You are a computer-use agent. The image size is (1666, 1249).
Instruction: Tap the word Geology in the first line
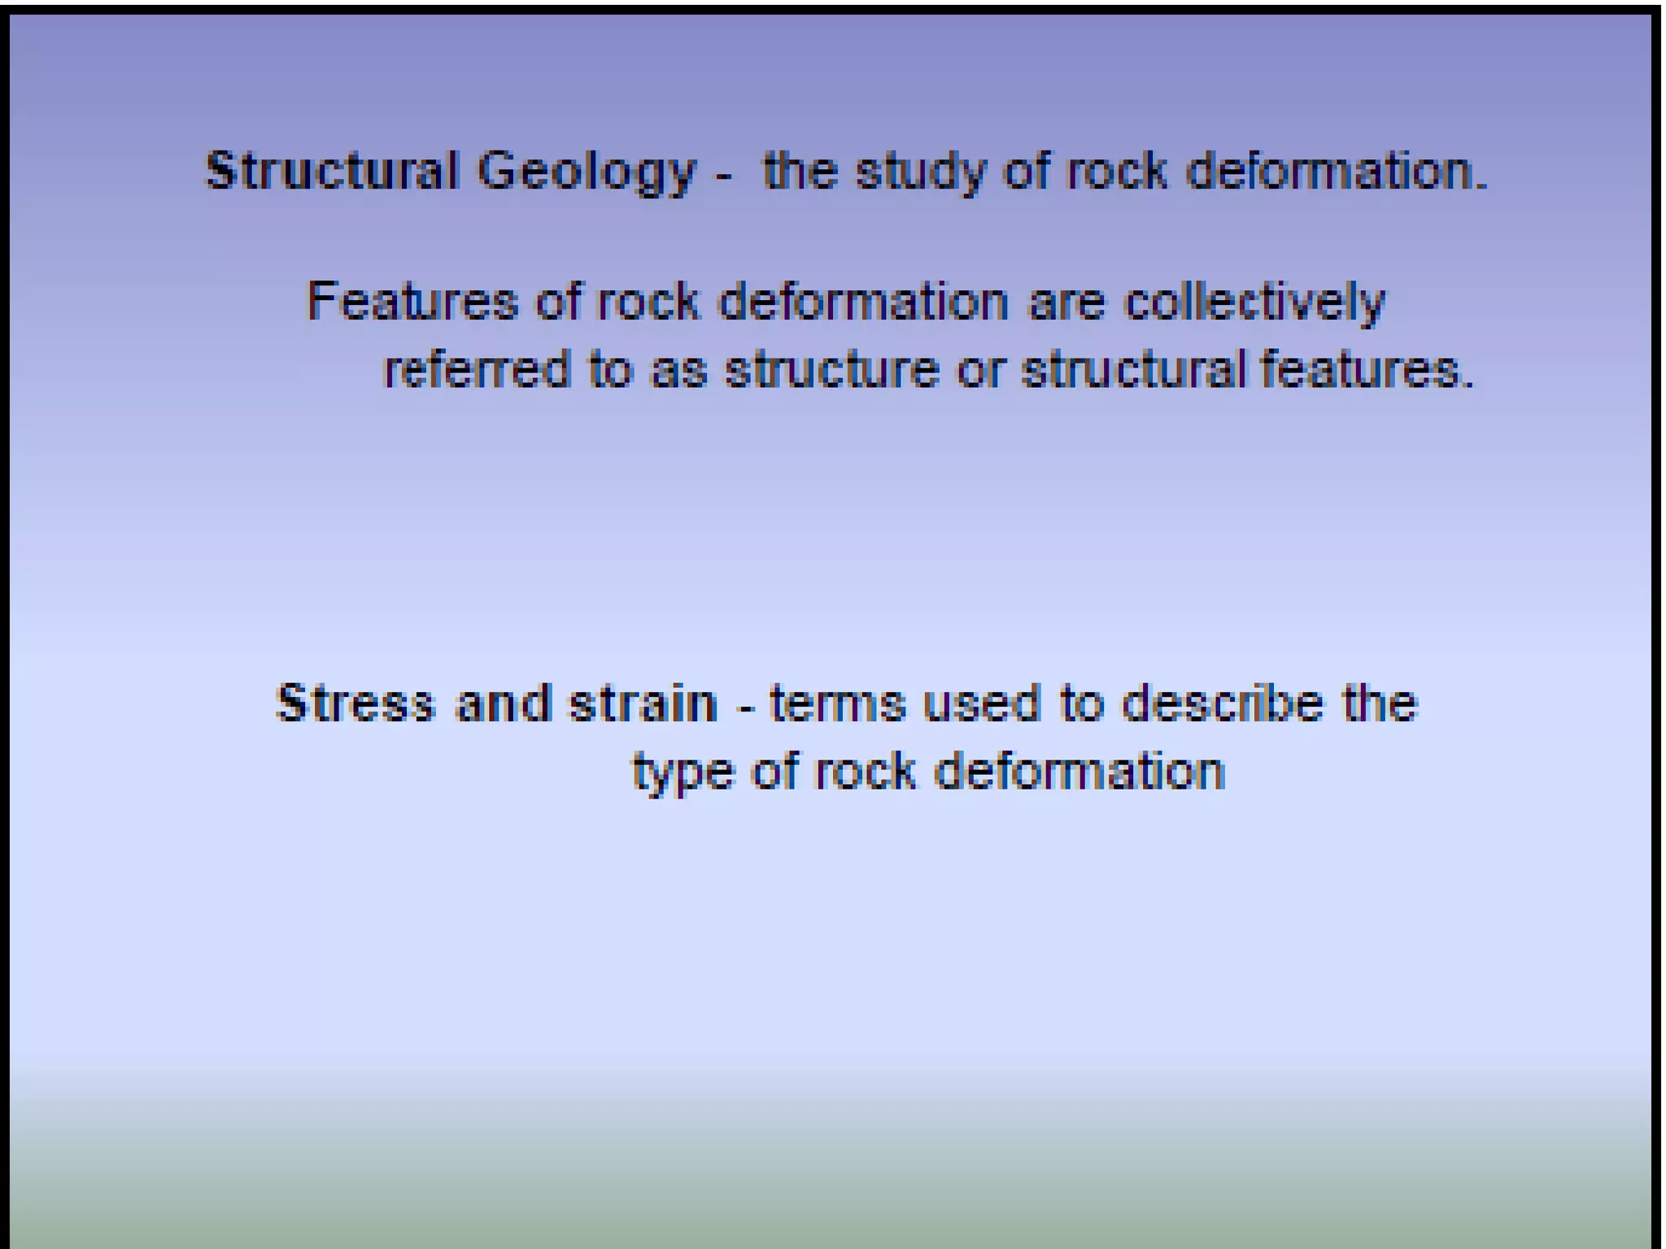tap(587, 173)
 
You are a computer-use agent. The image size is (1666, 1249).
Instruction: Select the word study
tap(919, 173)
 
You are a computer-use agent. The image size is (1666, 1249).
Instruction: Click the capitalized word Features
tap(412, 302)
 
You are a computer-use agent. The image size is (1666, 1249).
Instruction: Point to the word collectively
tap(1254, 303)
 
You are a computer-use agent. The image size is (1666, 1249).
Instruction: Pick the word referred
tap(476, 370)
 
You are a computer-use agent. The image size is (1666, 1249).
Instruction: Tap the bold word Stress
tap(355, 703)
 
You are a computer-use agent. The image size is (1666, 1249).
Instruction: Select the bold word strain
tap(643, 703)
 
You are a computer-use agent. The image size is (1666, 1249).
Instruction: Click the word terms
tap(837, 704)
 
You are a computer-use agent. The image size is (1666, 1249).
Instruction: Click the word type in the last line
tap(683, 773)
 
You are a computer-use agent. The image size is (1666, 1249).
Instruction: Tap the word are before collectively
tap(1066, 303)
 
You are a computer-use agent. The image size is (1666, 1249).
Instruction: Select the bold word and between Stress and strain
tap(502, 703)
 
